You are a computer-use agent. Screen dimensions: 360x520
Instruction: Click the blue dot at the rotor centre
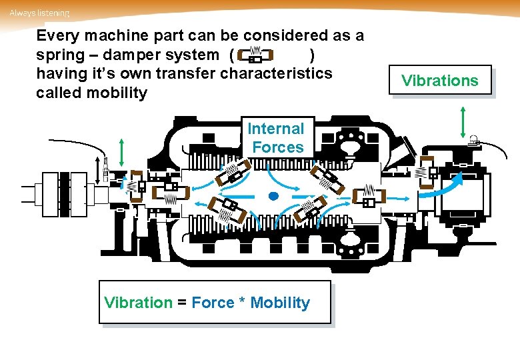coord(272,196)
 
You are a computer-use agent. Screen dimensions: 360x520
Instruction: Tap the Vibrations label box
coord(440,81)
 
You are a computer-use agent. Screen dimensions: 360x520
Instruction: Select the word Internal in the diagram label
coord(275,129)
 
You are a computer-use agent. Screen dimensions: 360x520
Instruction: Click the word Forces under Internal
coord(277,147)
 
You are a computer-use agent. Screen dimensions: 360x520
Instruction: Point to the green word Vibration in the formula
coord(139,303)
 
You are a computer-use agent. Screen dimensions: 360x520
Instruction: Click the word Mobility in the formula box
coord(280,303)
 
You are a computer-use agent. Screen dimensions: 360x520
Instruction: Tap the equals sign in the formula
coord(181,303)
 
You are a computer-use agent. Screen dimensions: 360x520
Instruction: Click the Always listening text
coord(39,13)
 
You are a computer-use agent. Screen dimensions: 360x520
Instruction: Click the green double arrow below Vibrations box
coord(462,121)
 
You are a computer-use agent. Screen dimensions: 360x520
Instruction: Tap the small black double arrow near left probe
coord(105,166)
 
